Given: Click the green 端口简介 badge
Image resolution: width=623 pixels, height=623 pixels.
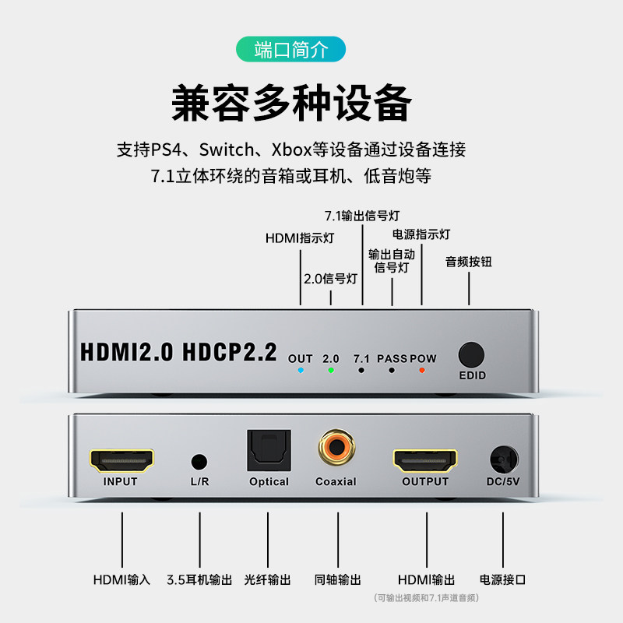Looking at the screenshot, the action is [290, 49].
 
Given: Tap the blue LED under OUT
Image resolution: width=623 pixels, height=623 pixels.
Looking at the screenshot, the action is [301, 371].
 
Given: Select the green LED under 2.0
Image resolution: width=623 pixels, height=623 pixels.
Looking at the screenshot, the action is [331, 371].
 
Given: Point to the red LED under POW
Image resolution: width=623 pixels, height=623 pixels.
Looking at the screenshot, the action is [422, 371].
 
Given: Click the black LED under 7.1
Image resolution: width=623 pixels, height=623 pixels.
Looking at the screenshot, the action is [361, 371].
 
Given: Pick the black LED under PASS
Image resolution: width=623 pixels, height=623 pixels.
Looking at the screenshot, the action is [392, 371].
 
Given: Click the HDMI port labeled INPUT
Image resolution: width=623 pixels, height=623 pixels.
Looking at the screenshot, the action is [121, 460].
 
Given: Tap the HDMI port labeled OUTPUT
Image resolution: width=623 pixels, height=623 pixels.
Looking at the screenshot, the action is [425, 460].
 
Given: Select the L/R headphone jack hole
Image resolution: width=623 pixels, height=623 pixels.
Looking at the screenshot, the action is [199, 462].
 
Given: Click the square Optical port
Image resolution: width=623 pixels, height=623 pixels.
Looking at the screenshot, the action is [269, 450].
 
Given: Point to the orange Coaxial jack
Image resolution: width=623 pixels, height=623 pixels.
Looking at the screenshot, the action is [336, 447].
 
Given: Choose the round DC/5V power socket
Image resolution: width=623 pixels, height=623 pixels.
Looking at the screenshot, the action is [504, 460].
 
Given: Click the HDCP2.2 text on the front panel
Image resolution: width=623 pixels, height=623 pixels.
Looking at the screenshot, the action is [229, 352].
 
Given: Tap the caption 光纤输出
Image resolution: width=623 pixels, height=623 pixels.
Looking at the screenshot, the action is [267, 579].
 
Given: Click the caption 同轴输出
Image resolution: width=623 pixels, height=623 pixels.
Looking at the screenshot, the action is [338, 579].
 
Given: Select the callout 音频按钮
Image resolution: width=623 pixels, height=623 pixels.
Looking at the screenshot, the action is [469, 262].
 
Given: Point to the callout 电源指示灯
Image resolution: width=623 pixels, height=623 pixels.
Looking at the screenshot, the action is [421, 234].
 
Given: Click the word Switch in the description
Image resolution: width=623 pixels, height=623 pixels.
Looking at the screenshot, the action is [227, 150].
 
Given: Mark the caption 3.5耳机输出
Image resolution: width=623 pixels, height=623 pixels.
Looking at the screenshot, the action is [199, 579].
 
